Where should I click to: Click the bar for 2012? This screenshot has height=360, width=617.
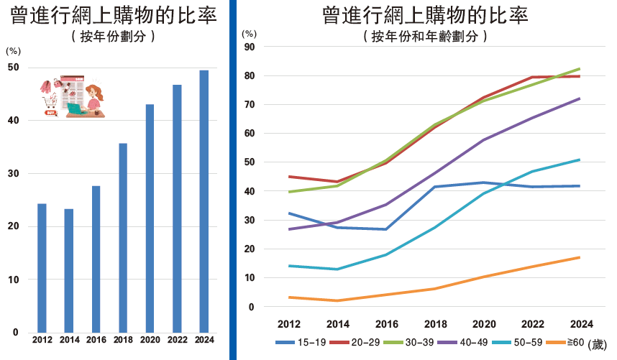[42, 267]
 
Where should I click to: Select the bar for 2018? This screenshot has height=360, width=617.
[123, 237]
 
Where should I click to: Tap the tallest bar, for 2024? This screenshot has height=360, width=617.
[204, 200]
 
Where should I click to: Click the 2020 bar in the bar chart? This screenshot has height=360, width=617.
[150, 218]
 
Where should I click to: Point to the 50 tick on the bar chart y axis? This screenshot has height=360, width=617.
[13, 68]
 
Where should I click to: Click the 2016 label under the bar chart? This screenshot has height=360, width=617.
[96, 340]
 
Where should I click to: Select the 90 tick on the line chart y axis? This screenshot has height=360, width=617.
[250, 47]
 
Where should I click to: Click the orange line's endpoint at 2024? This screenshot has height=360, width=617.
[580, 257]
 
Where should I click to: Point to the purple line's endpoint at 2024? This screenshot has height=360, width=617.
[580, 98]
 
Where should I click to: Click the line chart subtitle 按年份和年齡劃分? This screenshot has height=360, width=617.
[426, 35]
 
